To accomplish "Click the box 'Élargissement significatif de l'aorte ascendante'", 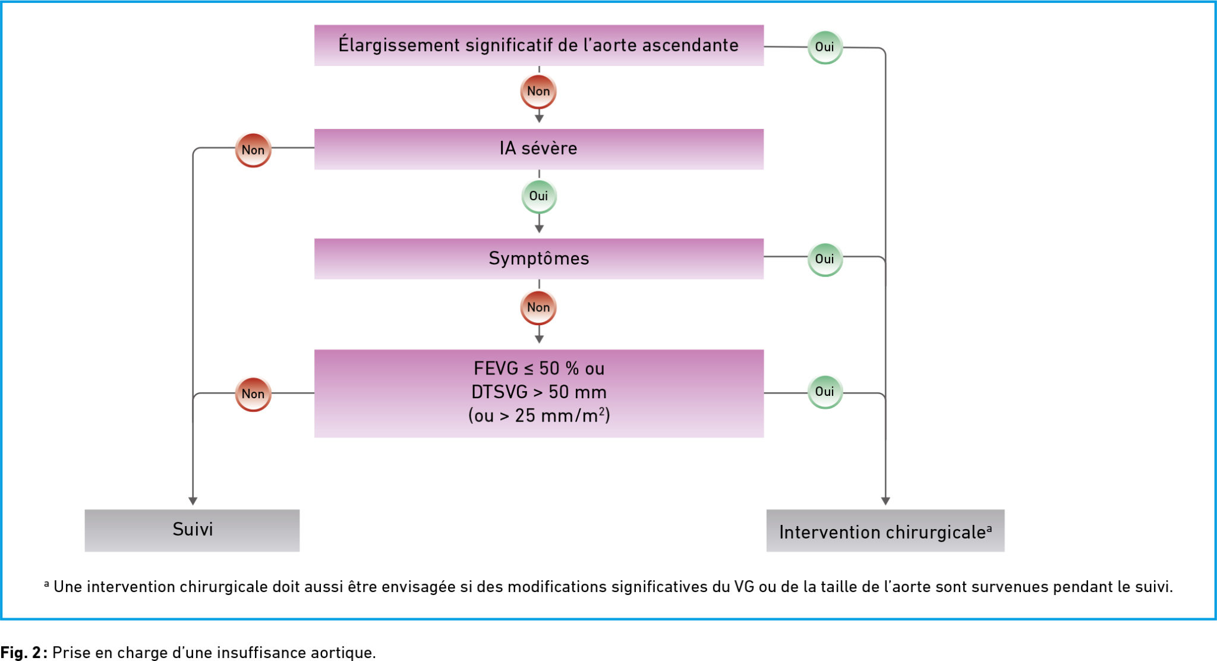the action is (x=539, y=45).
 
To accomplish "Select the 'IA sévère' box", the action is (x=539, y=149).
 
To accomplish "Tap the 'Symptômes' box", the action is (x=539, y=259).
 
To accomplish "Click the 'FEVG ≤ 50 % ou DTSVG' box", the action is (x=539, y=394).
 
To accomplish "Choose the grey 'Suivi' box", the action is (x=192, y=530).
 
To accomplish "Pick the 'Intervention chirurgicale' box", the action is (x=885, y=530).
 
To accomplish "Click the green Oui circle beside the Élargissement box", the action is (x=825, y=47).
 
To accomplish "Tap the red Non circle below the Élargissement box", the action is (x=538, y=92).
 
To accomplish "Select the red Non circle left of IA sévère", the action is (x=253, y=150).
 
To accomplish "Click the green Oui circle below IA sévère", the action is (x=539, y=196).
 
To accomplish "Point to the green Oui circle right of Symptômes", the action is (x=825, y=259).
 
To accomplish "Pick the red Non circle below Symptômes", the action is (x=538, y=307).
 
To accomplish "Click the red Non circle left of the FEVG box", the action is (x=253, y=394).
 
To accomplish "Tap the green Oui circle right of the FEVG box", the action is (x=825, y=392).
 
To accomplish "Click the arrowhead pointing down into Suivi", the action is (x=193, y=501).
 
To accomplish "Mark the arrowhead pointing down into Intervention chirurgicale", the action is (x=885, y=501).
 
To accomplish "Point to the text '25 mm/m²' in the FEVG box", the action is (x=560, y=415).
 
